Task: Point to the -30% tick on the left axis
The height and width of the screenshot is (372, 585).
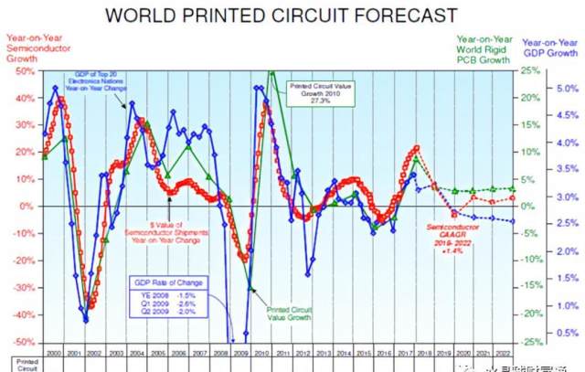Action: (19, 287)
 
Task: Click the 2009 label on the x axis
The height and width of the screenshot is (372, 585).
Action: (240, 351)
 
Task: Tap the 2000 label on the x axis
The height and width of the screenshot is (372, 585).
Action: (53, 351)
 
